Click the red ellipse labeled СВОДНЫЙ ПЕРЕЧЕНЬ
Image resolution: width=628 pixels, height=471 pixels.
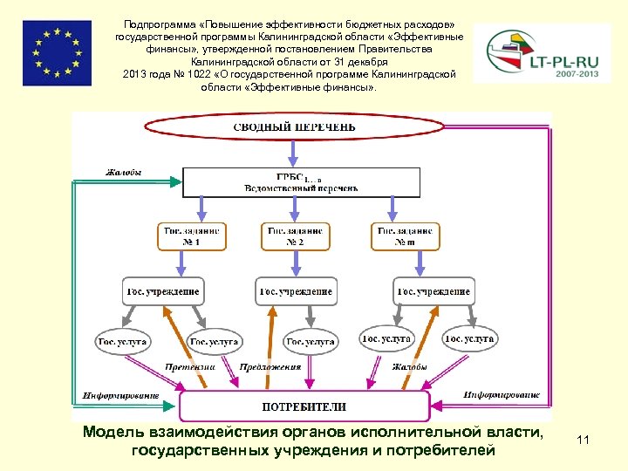click(x=294, y=127)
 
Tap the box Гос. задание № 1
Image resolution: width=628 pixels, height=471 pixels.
click(x=189, y=236)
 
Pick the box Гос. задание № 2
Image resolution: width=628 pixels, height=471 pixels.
click(x=294, y=236)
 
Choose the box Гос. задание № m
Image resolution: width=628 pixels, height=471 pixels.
click(x=406, y=236)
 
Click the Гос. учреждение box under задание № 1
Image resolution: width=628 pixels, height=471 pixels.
click(x=162, y=291)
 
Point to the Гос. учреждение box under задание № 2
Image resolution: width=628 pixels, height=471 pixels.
click(x=296, y=291)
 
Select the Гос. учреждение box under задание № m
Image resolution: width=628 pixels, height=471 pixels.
click(x=433, y=291)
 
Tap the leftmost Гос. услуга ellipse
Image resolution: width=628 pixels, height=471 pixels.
click(x=122, y=341)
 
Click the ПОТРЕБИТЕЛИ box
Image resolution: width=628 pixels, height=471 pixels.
click(x=304, y=406)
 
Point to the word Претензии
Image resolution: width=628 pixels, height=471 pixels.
click(x=190, y=367)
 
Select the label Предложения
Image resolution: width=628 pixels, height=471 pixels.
click(x=270, y=367)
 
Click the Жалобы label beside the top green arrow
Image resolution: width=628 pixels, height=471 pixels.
click(x=124, y=173)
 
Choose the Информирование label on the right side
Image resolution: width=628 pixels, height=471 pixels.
click(x=502, y=396)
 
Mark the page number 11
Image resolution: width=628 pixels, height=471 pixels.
click(x=584, y=441)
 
